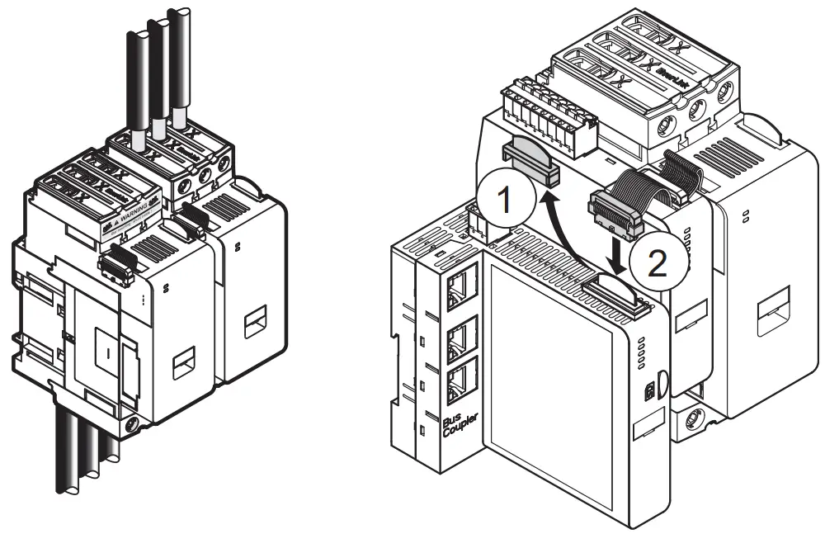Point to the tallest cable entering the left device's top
tap(177, 58)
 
